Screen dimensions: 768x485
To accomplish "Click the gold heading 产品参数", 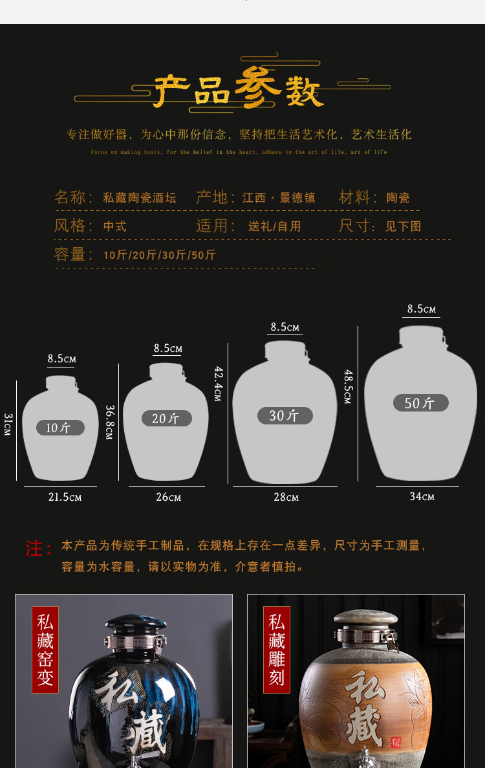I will (238, 91).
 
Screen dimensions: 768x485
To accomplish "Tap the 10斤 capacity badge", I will (60, 428).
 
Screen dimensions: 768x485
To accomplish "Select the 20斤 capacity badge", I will (166, 419).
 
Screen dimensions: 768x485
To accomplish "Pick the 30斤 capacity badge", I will (285, 415).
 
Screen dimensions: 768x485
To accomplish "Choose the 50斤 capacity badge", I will (420, 403).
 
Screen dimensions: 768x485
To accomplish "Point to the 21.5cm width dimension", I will (65, 497).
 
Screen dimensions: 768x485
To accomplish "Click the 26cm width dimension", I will (168, 497).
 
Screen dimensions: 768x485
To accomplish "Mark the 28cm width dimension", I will (286, 497).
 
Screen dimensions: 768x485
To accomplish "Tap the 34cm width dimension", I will (422, 496).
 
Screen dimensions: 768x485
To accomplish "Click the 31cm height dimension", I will (8, 424).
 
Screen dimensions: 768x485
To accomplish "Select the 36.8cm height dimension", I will (109, 422).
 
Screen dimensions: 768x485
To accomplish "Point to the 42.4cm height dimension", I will (219, 383).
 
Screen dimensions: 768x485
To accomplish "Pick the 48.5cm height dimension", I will (348, 386).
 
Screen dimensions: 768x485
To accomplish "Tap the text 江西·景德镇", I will (279, 198).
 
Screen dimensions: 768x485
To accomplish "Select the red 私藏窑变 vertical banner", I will (45, 650).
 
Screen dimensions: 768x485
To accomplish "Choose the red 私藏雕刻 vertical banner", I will (277, 650).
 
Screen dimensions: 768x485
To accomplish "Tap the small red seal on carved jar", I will (395, 743).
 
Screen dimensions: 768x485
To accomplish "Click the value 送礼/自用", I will (275, 226).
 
